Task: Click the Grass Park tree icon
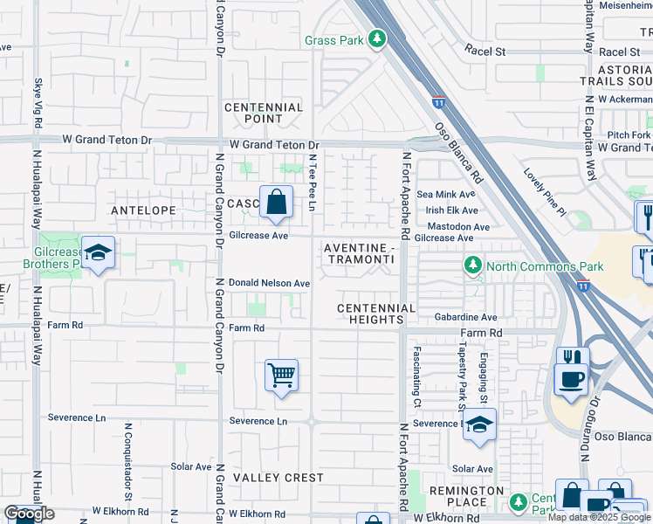(376, 39)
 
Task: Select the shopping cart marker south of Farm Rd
(281, 376)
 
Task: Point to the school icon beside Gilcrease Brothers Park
(98, 253)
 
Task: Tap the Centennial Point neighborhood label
(264, 113)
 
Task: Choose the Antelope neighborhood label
(143, 210)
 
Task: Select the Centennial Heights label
(376, 314)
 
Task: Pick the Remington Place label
(467, 496)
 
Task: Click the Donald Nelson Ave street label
(269, 284)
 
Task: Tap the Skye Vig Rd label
(38, 103)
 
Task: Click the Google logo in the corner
(29, 514)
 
